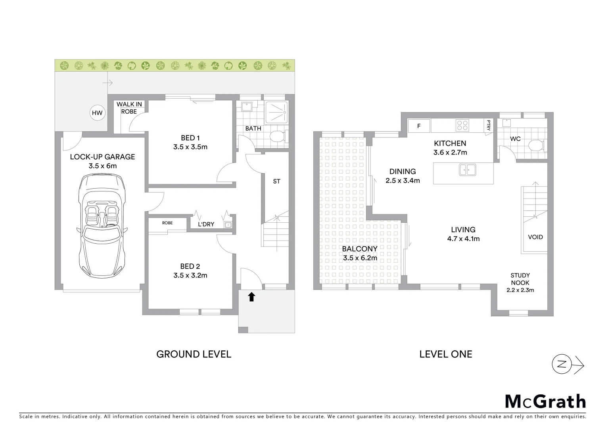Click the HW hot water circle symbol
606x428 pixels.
[97, 113]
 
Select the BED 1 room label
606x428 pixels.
[190, 138]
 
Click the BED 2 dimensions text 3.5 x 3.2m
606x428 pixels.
[190, 275]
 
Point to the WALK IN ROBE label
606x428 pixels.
[129, 108]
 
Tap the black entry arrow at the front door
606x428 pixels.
[251, 297]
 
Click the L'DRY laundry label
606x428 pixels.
[206, 224]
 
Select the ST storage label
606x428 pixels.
[276, 182]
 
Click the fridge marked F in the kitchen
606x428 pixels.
[419, 126]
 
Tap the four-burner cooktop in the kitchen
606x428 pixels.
[462, 126]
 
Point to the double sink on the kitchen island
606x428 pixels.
[467, 170]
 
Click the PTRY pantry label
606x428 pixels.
[488, 126]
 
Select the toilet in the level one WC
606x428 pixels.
[537, 145]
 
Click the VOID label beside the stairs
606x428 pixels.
[535, 237]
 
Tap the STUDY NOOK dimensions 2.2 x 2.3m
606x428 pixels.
[520, 290]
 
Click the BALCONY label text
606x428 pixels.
[360, 249]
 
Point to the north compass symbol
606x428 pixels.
[562, 365]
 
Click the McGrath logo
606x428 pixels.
[545, 401]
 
